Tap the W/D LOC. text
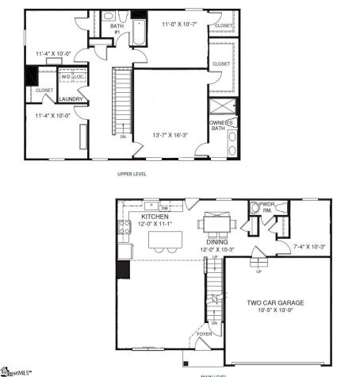pos(72,77)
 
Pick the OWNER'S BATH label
pos(221,125)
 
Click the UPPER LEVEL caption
pos(131,173)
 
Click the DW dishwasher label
pos(164,208)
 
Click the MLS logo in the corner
pos(16,370)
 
